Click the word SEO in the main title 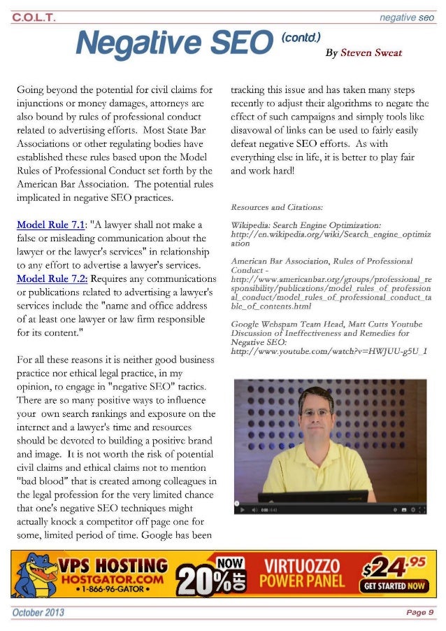(x=232, y=45)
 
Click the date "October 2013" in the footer (x=38, y=612)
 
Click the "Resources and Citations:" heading (x=276, y=207)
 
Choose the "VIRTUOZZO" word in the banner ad (x=302, y=565)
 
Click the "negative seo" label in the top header (x=407, y=17)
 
